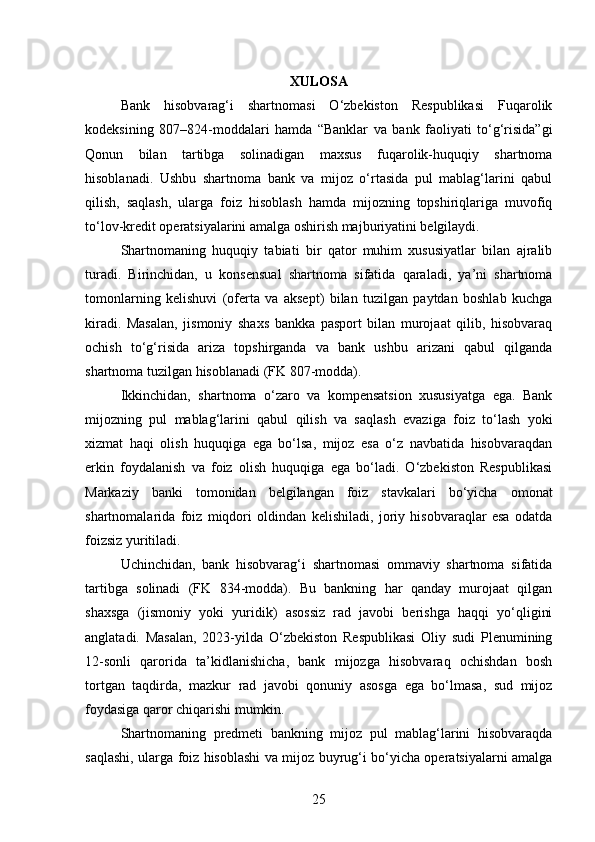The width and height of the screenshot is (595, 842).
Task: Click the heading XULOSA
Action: click(x=319, y=81)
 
